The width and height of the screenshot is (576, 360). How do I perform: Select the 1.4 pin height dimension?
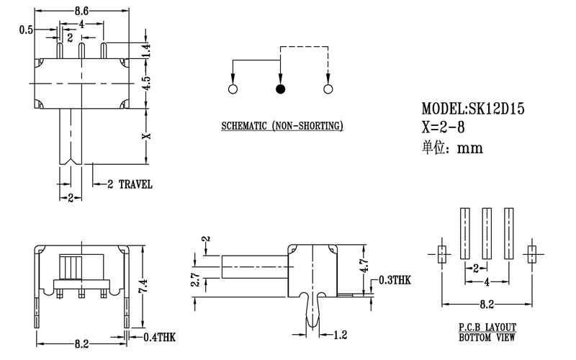coord(145,50)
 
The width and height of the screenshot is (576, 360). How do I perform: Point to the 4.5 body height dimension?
coord(145,83)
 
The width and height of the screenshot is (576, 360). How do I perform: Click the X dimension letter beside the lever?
coord(145,135)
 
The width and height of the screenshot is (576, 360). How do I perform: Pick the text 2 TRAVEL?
coord(130,184)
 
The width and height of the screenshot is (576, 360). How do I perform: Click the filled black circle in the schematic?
coord(280,89)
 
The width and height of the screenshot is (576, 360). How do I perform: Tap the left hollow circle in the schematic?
coord(233,89)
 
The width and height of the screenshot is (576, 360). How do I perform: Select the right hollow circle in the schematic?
coord(328,89)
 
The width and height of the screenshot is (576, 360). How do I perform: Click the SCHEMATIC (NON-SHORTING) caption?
coord(282,127)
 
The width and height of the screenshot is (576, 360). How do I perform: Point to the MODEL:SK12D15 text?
coord(473,109)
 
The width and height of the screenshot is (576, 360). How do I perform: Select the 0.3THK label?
coord(393,281)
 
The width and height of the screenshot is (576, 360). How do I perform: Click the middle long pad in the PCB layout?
coord(487,233)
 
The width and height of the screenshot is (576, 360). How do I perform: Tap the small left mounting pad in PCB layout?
coord(441,253)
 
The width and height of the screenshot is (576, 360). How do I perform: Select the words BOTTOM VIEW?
coord(486,337)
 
